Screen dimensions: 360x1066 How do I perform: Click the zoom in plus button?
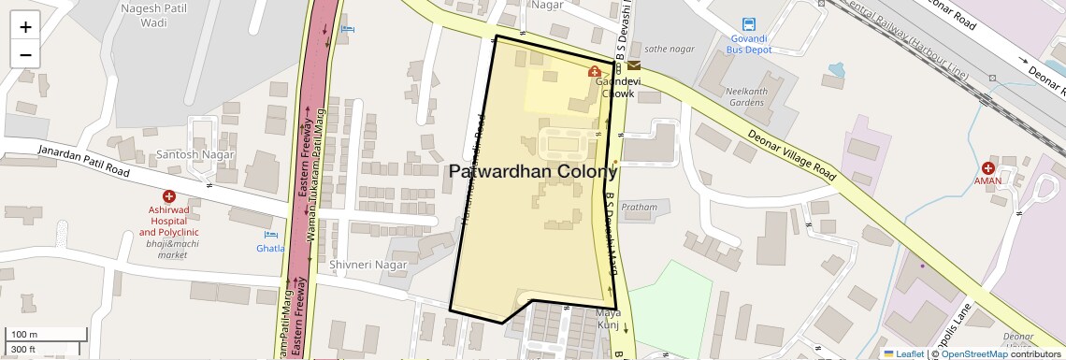(25, 26)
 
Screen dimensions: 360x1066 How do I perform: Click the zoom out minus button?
(25, 54)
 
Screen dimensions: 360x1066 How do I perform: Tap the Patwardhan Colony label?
(533, 172)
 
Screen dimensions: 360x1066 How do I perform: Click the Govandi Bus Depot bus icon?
(748, 25)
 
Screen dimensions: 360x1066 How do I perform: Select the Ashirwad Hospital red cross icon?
(168, 196)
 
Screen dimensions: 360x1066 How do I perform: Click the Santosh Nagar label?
(188, 154)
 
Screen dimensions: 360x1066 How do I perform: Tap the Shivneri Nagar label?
(368, 265)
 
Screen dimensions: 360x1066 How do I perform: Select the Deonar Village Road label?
(791, 154)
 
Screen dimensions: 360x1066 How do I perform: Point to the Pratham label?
(640, 207)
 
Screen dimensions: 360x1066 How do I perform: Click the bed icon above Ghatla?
(271, 235)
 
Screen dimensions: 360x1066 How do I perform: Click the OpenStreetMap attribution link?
(973, 353)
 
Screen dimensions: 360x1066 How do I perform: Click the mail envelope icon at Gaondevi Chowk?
(634, 65)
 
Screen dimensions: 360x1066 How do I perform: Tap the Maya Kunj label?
(609, 319)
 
